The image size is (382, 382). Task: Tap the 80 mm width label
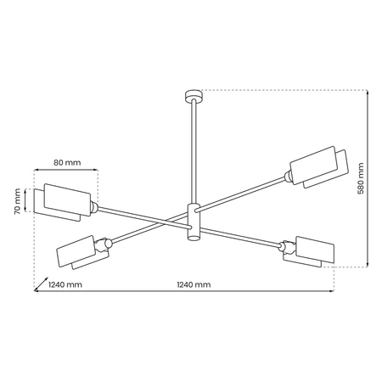(67, 161)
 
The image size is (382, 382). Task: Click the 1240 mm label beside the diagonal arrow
(65, 284)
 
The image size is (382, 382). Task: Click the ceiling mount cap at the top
(194, 95)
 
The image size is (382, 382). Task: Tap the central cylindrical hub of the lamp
(194, 222)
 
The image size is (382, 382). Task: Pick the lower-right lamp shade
(310, 250)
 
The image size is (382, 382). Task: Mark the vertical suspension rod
(194, 153)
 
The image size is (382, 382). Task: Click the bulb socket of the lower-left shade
(102, 245)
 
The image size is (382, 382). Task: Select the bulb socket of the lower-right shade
(286, 247)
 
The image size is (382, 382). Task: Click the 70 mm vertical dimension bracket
(28, 201)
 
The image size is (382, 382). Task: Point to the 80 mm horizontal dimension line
(67, 171)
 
